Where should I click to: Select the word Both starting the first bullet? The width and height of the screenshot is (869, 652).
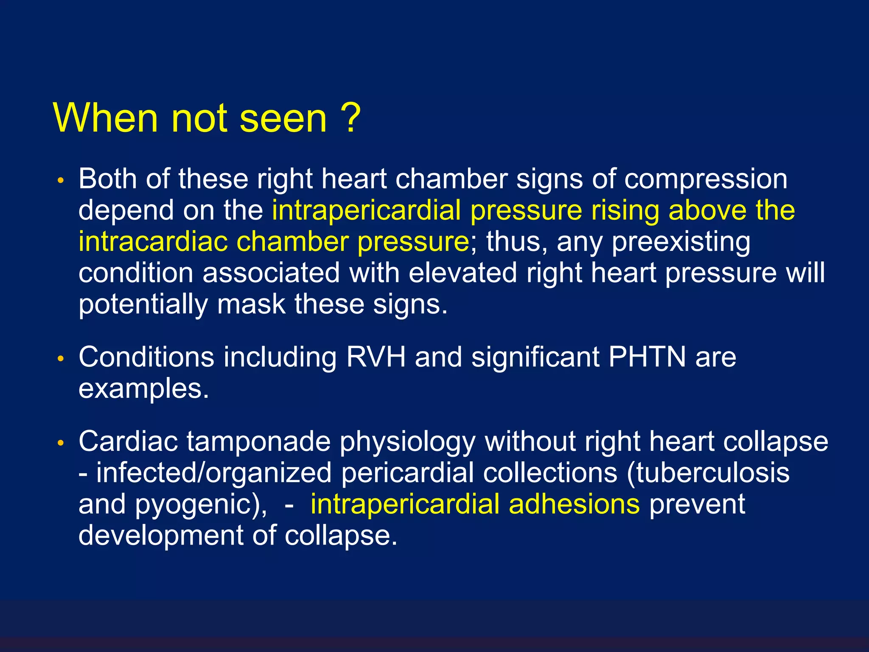pos(107,179)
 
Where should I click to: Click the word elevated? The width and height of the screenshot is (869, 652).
pos(463,273)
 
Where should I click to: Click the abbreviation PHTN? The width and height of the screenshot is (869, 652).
pos(647,357)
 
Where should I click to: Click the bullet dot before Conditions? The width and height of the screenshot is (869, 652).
pos(61,359)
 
